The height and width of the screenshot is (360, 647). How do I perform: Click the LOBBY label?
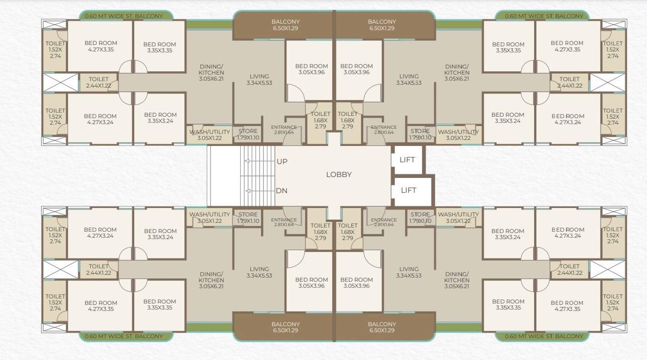(x=339, y=174)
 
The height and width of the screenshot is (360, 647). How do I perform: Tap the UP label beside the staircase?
(x=281, y=161)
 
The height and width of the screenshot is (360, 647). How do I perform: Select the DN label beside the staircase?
(x=281, y=190)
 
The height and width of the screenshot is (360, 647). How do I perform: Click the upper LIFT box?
(x=407, y=160)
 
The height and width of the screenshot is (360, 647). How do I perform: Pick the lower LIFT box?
(x=408, y=190)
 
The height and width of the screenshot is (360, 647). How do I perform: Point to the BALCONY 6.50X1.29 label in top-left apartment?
(x=285, y=25)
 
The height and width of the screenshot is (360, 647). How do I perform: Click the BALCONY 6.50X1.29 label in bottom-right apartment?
(x=382, y=327)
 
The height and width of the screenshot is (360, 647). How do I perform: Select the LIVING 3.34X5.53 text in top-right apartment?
(x=409, y=79)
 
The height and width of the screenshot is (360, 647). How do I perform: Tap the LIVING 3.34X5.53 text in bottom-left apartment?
(x=259, y=272)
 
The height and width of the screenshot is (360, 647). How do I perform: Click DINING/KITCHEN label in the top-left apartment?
(x=212, y=73)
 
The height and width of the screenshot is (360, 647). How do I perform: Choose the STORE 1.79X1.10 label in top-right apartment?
(x=420, y=134)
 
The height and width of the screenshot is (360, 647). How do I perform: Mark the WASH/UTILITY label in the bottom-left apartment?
(x=209, y=217)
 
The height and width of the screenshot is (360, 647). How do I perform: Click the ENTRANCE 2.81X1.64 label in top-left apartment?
(x=284, y=129)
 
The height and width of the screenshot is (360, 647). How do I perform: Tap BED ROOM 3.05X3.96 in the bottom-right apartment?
(x=356, y=282)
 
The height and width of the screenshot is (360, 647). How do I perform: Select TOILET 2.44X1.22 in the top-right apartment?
(x=569, y=82)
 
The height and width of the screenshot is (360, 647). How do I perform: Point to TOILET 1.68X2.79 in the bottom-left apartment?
(x=320, y=232)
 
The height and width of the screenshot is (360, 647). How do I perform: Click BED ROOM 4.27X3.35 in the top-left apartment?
(x=100, y=46)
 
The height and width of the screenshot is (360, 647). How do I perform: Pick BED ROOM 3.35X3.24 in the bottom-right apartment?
(x=508, y=234)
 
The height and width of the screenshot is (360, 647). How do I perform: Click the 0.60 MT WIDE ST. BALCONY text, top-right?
(x=544, y=16)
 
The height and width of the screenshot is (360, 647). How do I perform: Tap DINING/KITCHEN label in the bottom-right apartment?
(x=457, y=280)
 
